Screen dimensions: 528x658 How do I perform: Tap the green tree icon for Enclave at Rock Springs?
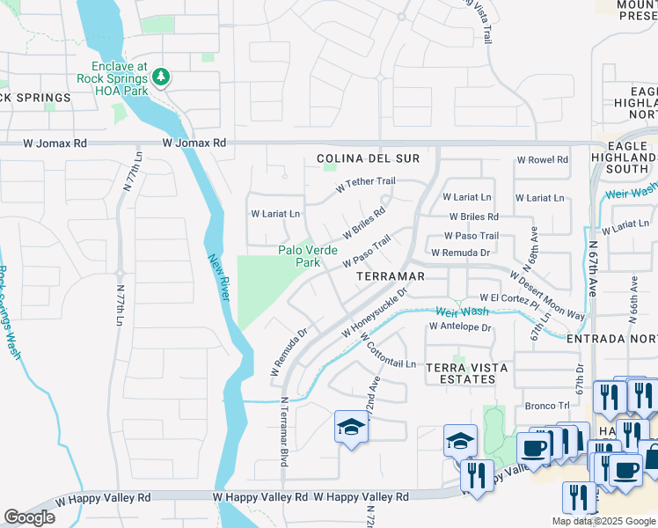click(x=160, y=77)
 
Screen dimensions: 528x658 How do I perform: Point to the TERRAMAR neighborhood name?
click(x=391, y=276)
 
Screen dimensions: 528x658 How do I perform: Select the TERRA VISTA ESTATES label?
click(x=459, y=372)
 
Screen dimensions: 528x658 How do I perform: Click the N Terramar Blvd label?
click(x=284, y=431)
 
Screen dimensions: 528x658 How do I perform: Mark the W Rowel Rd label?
click(x=542, y=160)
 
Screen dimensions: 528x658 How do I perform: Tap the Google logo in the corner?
click(x=29, y=517)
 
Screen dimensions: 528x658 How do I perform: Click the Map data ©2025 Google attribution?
click(x=603, y=521)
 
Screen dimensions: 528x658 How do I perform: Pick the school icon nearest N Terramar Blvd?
click(x=350, y=428)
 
